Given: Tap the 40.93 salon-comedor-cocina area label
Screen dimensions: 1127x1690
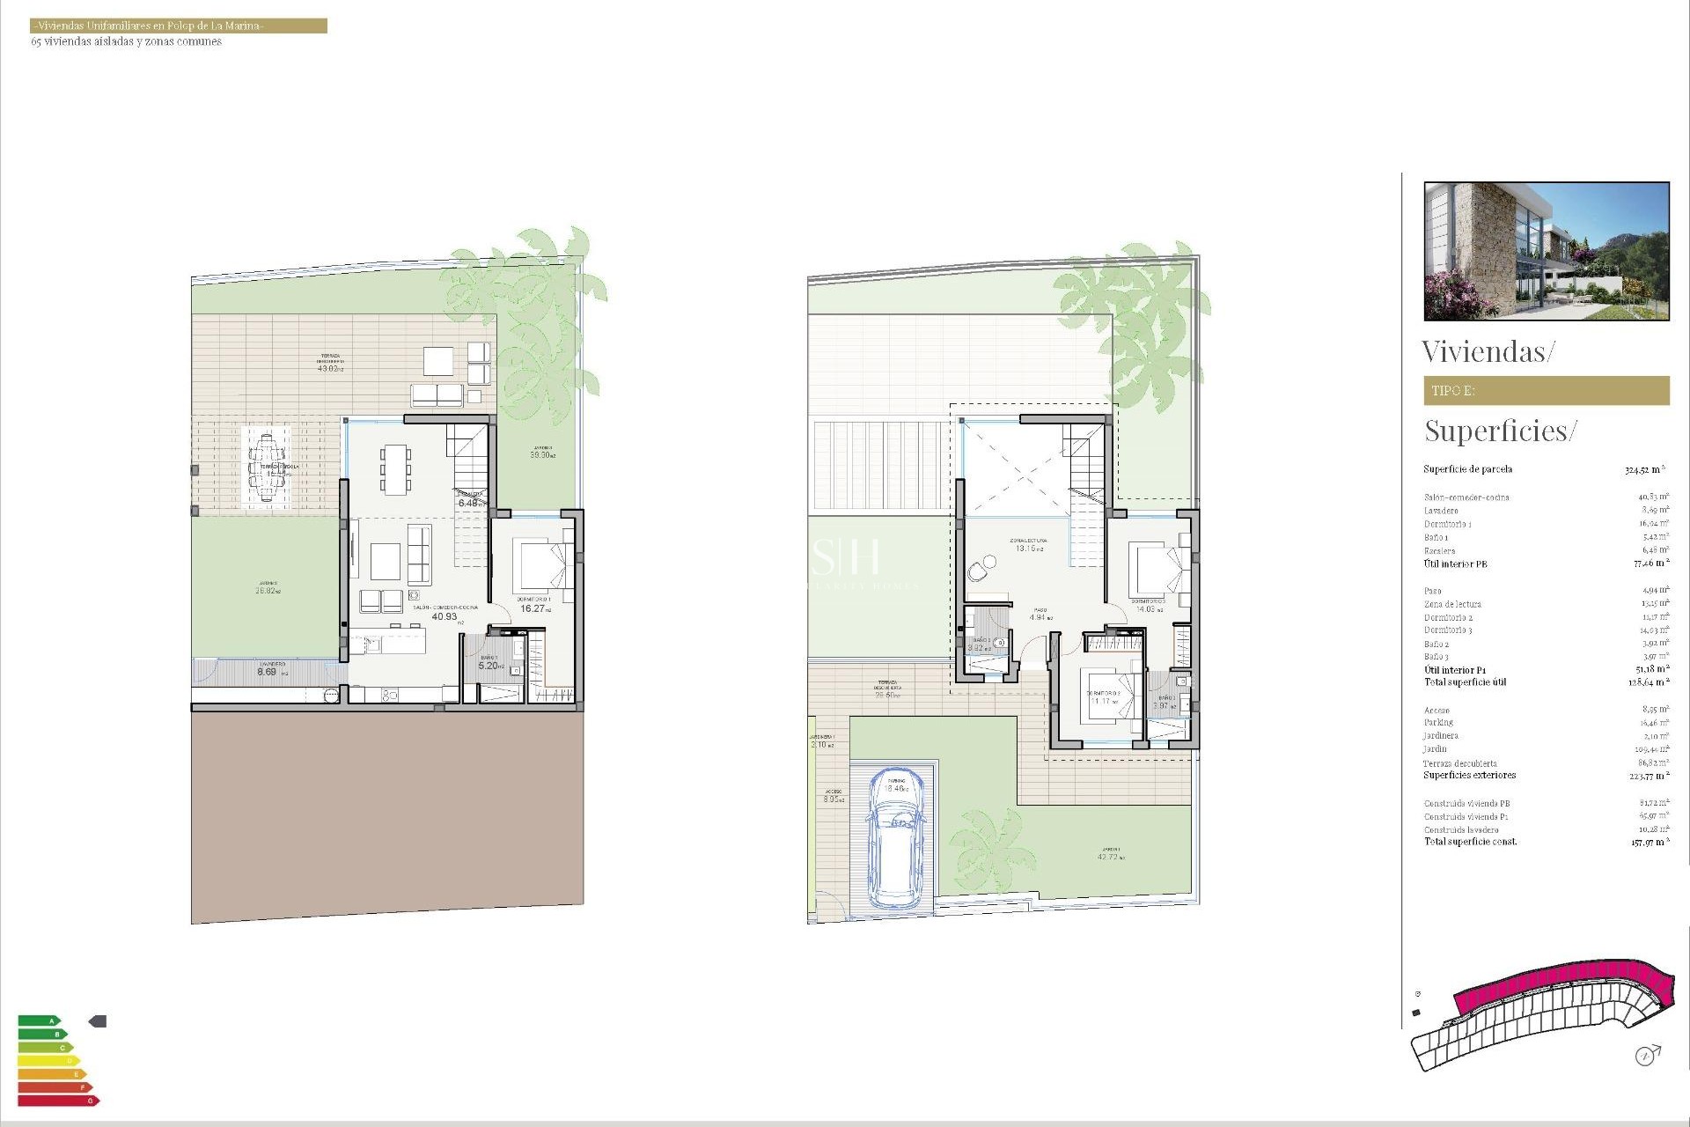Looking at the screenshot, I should (445, 616).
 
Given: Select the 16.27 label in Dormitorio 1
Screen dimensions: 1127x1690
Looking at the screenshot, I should (533, 608).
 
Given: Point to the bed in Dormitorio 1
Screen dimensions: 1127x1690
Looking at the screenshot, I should (539, 566).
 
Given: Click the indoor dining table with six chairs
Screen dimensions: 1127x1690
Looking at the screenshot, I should (395, 468).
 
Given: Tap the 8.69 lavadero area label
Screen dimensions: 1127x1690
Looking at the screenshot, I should (267, 672).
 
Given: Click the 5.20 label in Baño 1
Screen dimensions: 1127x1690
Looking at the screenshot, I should (489, 666).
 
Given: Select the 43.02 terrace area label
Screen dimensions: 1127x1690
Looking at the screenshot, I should (329, 368).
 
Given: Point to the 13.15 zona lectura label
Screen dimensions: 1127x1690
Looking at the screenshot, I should (1026, 548).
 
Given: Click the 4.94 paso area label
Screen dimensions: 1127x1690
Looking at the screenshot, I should (1040, 617).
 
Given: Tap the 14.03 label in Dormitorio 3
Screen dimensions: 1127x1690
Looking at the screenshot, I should (1147, 608).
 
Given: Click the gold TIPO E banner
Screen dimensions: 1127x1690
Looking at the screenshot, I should (1546, 391).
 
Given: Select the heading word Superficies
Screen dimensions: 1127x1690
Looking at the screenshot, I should (1496, 431).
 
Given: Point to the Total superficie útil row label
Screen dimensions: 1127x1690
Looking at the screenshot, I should (1465, 682).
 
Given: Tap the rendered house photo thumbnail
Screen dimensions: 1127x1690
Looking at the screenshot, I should (1546, 251).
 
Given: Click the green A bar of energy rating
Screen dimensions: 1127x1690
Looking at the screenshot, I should (39, 1021).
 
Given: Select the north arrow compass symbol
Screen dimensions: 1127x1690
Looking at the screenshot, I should (1646, 1055).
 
